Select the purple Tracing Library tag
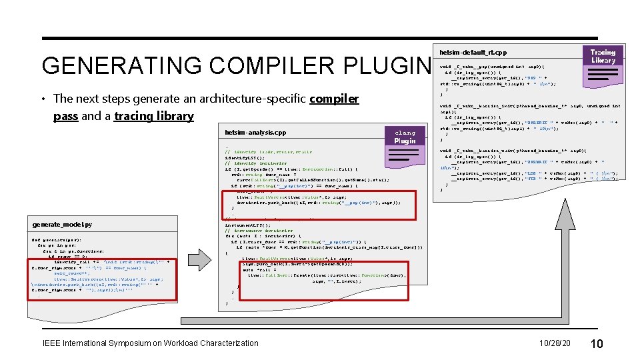click(x=603, y=56)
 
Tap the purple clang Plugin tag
click(x=405, y=136)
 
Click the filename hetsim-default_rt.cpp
click(x=473, y=52)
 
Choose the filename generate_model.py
click(x=62, y=225)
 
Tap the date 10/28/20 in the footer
click(x=555, y=343)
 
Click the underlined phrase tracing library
click(x=153, y=116)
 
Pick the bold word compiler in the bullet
click(x=334, y=99)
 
